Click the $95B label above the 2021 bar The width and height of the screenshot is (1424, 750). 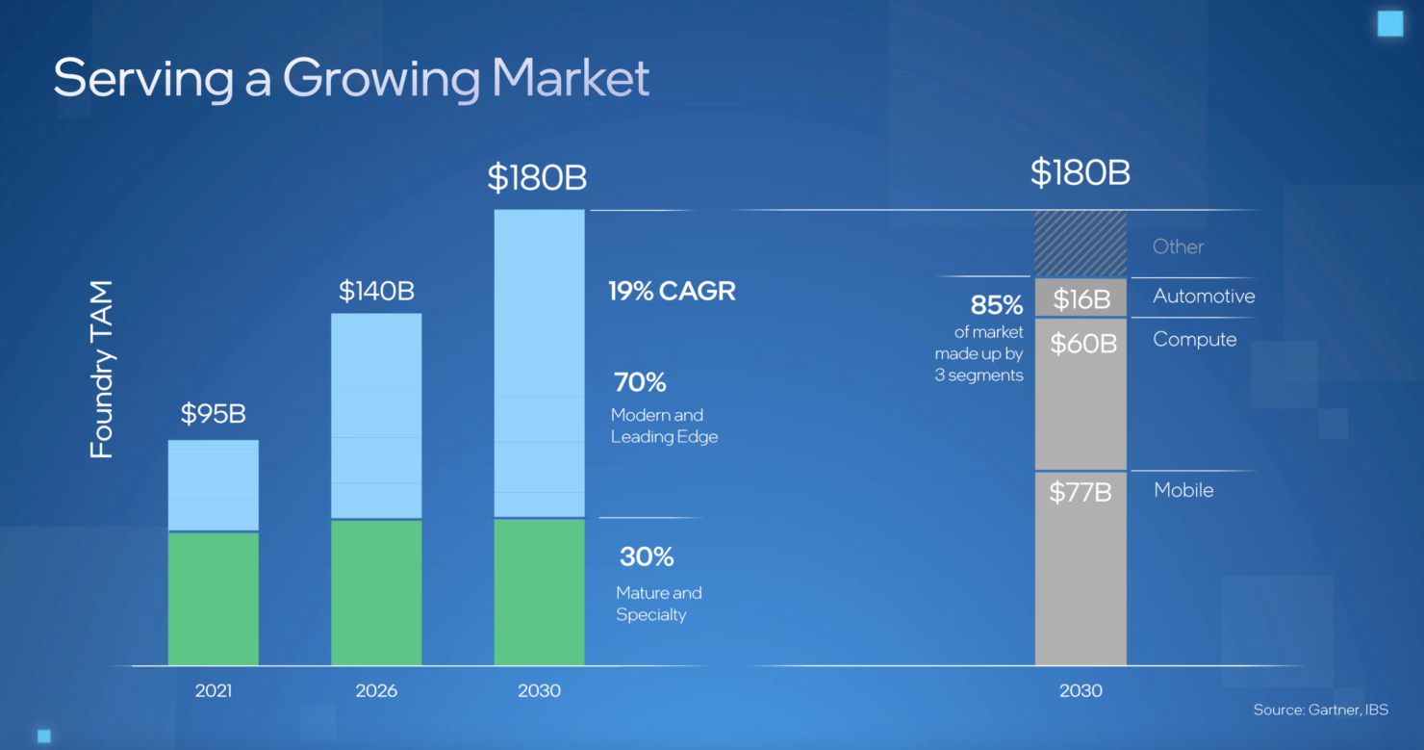tap(213, 414)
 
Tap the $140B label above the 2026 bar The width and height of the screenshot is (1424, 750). tap(376, 292)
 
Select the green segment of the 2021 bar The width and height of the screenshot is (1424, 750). tap(214, 599)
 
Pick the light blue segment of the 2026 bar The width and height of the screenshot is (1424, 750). tap(376, 416)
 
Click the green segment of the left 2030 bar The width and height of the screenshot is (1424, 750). tap(539, 592)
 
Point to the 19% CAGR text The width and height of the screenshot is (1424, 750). tap(672, 292)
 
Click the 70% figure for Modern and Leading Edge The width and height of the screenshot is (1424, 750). tap(640, 382)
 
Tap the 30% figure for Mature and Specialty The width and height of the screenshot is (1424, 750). tap(647, 556)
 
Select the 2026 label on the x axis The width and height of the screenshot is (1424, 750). tap(376, 691)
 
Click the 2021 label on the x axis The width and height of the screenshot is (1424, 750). tap(214, 691)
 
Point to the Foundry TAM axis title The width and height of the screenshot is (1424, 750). tap(101, 370)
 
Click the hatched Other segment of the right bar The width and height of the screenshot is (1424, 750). tap(1081, 245)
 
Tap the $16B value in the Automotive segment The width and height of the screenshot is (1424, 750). tap(1081, 299)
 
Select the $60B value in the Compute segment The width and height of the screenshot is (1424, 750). tap(1083, 344)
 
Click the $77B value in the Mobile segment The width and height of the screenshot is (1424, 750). tap(1081, 492)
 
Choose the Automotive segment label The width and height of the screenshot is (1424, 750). tap(1204, 296)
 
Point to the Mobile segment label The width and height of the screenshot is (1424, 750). tap(1183, 490)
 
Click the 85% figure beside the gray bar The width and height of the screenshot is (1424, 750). tap(997, 305)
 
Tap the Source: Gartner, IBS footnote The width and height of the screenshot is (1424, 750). tap(1321, 710)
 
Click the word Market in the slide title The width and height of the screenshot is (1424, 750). tap(571, 78)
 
